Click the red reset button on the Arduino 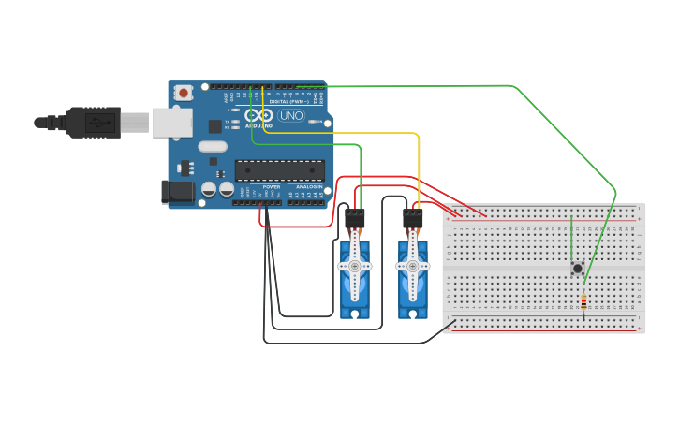184,93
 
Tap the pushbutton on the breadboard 577,269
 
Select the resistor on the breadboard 583,302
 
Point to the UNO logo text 291,116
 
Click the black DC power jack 178,192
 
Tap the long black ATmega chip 280,169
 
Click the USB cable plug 94,122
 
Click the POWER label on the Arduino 272,186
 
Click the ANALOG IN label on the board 309,186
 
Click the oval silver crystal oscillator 213,146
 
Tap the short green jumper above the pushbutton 571,238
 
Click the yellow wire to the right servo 419,168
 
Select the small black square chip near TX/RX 215,125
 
